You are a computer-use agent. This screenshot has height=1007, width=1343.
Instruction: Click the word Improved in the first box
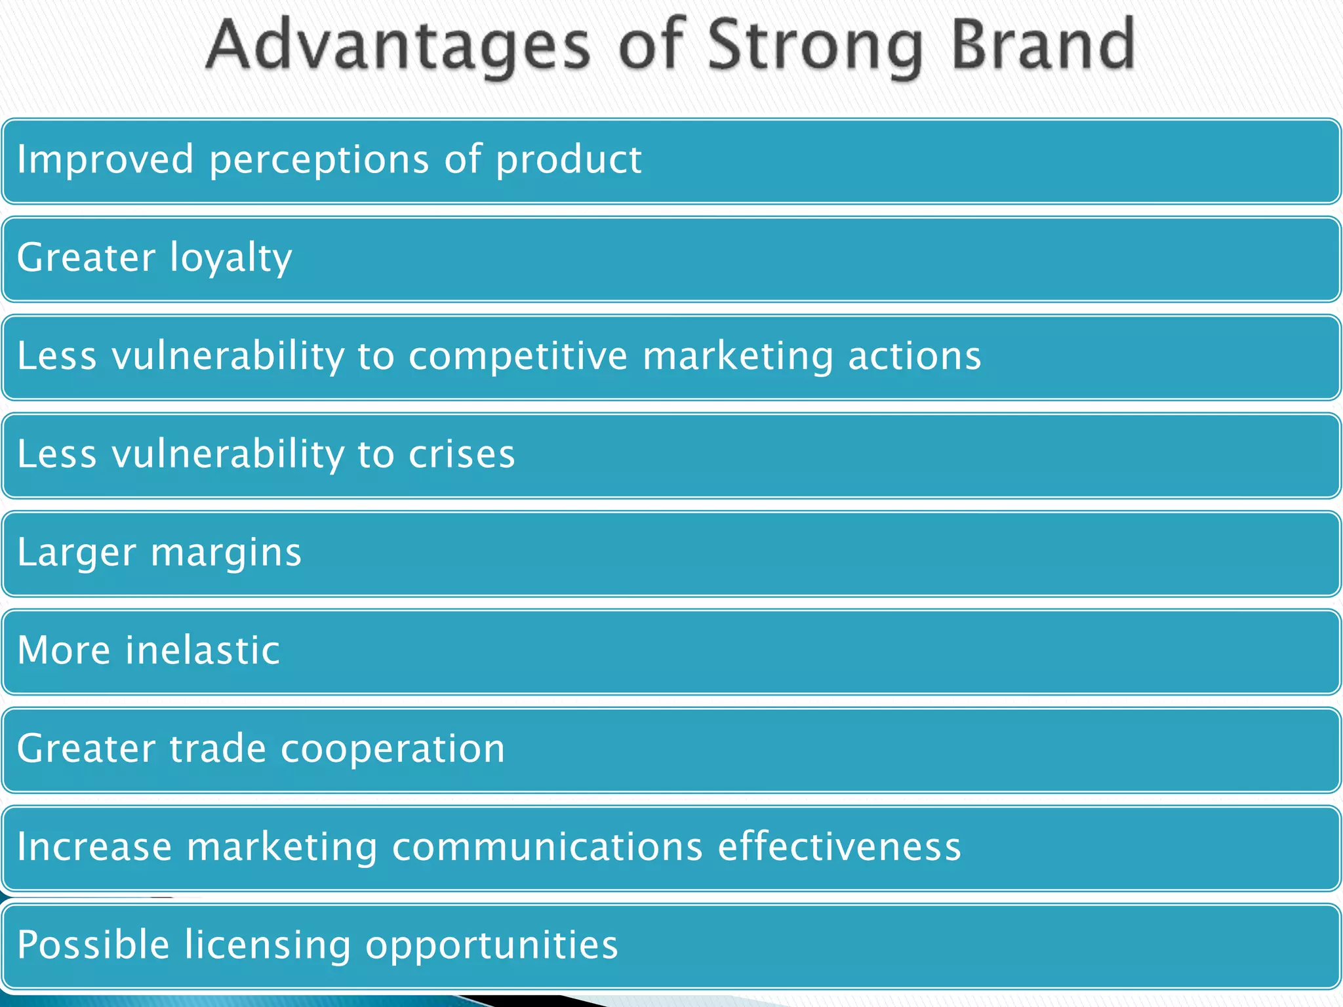[105, 159]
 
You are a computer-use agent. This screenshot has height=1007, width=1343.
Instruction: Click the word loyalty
[231, 258]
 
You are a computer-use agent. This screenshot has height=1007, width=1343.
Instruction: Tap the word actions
[914, 356]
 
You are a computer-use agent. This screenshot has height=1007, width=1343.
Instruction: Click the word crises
[462, 454]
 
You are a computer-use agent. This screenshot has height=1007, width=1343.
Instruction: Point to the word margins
[226, 553]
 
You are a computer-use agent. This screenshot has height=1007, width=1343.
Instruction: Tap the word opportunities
[491, 945]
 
